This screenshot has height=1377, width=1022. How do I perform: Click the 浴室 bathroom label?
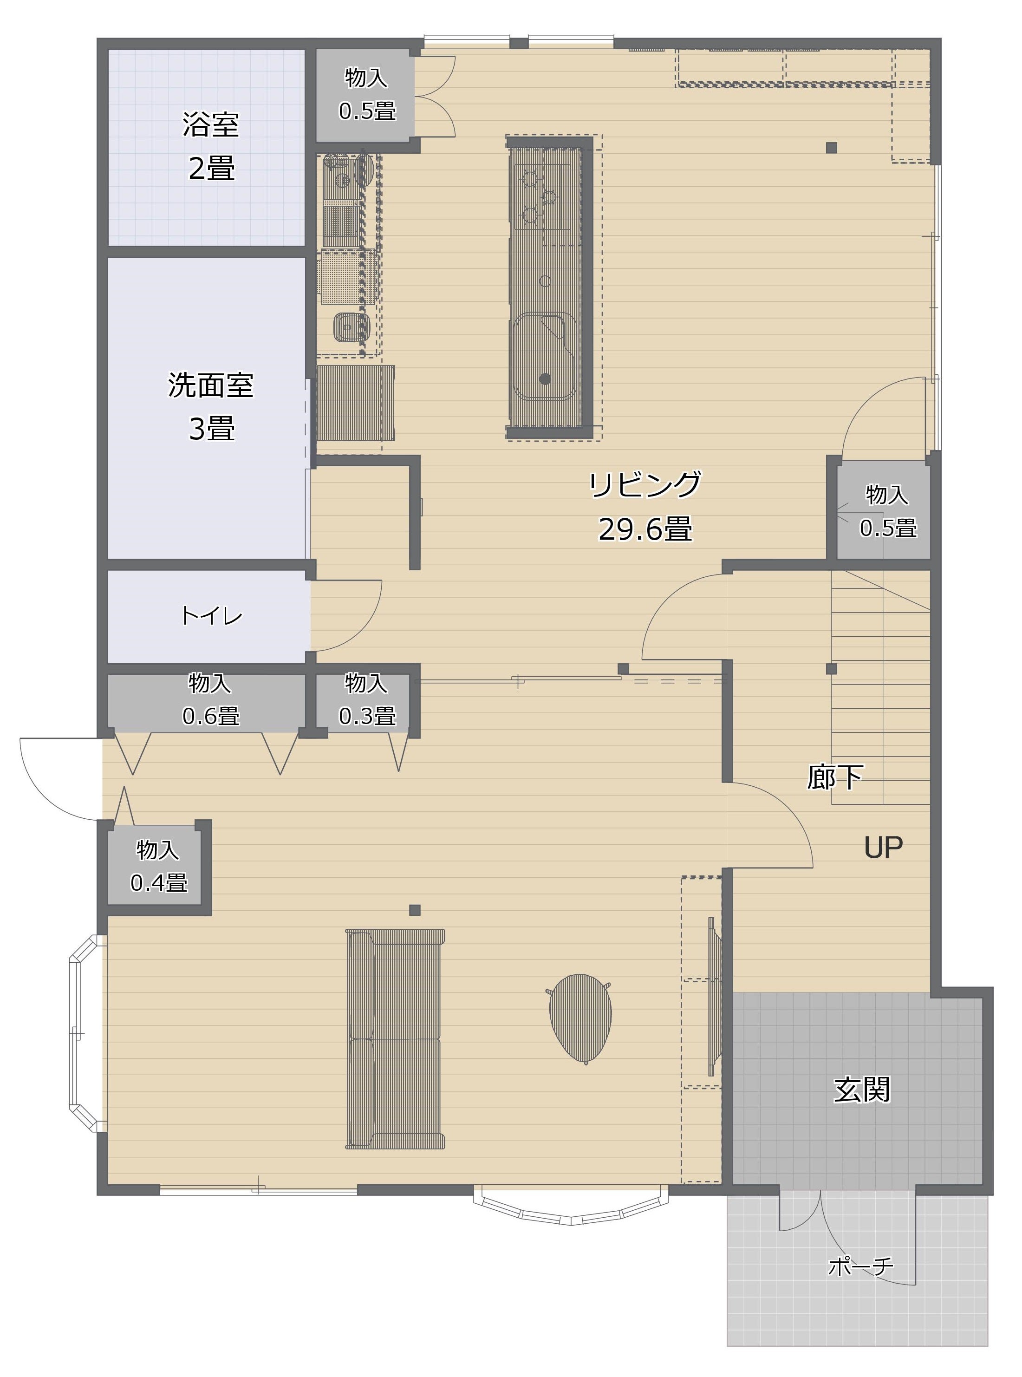coord(210,124)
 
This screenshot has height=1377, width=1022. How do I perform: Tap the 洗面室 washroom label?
coord(210,385)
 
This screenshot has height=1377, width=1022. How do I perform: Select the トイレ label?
coord(211,615)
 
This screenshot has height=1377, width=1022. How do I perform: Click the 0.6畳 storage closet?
coord(207,703)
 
